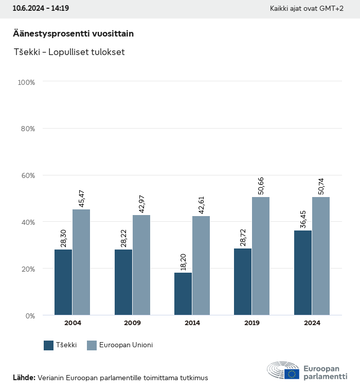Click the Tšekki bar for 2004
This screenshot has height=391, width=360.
(63, 282)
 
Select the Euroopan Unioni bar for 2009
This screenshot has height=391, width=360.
(141, 265)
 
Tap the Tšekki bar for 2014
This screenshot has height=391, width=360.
(183, 294)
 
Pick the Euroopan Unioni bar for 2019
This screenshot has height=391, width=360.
(261, 256)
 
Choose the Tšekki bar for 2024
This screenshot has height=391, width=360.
(302, 273)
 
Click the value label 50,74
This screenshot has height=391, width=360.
(320, 186)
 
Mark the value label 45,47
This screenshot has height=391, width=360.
(81, 199)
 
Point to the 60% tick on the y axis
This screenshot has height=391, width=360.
(26, 175)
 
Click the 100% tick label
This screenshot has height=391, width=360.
(26, 82)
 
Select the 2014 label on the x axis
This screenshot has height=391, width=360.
(192, 323)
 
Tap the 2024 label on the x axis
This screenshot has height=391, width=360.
(312, 323)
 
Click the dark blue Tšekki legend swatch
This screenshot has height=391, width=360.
(49, 345)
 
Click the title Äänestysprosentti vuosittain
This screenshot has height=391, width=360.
(73, 33)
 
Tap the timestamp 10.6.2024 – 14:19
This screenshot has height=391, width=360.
(41, 9)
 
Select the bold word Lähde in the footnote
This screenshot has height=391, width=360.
(24, 378)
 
